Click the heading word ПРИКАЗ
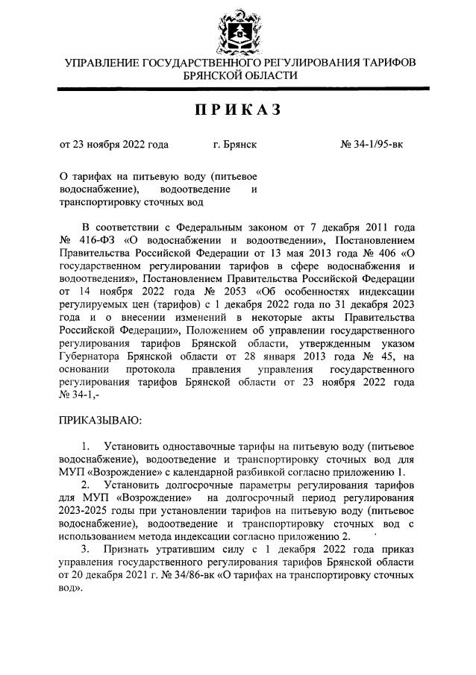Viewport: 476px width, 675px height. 239,110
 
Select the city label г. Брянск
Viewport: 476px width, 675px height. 235,145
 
